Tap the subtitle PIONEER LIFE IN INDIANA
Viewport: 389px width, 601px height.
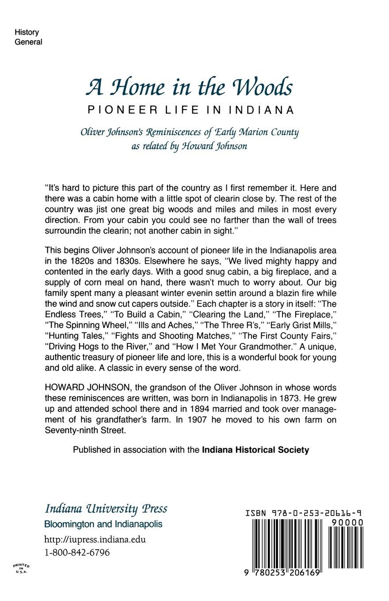(x=191, y=110)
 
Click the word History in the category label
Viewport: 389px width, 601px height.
(x=27, y=32)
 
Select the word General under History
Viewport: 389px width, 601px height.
(x=29, y=42)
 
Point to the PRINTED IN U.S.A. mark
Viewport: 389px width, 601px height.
(x=21, y=568)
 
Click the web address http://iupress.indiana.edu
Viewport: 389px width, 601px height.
(x=95, y=540)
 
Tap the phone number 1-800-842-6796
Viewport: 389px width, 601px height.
(x=77, y=553)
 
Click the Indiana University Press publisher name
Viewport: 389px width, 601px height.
(x=106, y=509)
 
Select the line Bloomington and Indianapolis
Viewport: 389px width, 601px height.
(x=103, y=525)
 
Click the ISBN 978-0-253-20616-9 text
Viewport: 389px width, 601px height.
(x=304, y=514)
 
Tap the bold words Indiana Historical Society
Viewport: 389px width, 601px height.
(x=255, y=450)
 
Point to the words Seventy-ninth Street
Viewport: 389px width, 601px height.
(x=85, y=430)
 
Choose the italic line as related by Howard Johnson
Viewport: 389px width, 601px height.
(x=189, y=146)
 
